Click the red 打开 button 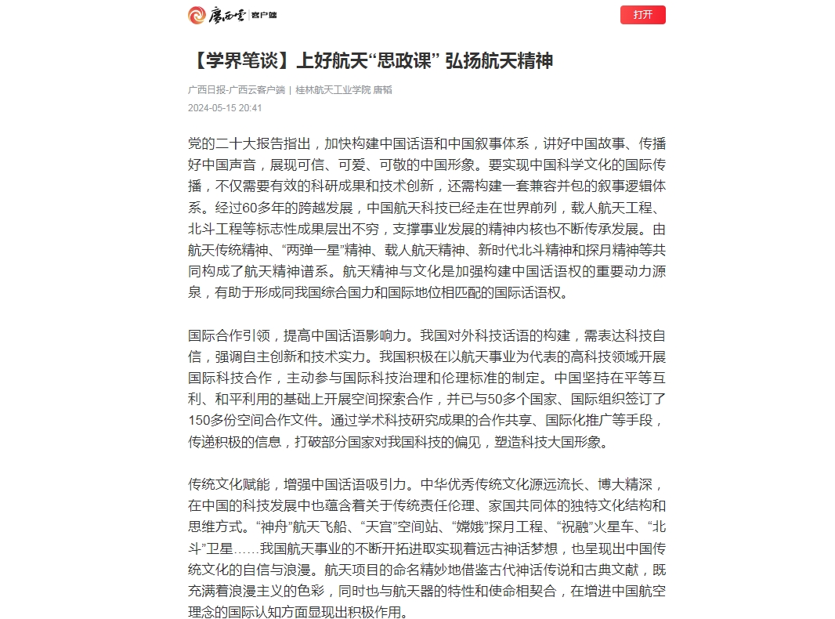[x=642, y=15]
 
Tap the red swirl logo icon [x=197, y=15]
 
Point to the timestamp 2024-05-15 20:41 [x=225, y=108]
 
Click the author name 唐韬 [x=382, y=90]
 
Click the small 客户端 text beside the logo [x=264, y=15]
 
